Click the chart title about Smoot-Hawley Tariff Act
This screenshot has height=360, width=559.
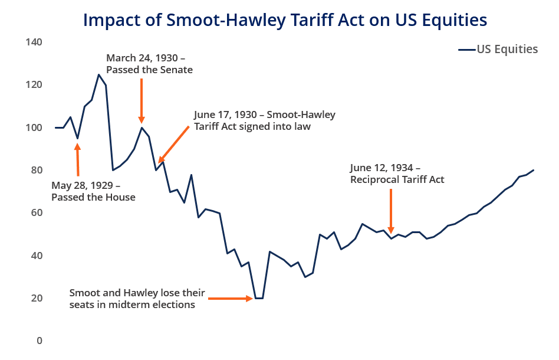pyautogui.click(x=285, y=20)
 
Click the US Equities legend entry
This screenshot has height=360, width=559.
pyautogui.click(x=498, y=49)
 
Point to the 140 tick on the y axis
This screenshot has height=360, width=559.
pyautogui.click(x=34, y=42)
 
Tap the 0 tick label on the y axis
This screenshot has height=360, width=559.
pyautogui.click(x=40, y=341)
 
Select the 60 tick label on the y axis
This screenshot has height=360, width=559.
pyautogui.click(x=37, y=212)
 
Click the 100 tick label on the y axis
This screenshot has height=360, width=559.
pyautogui.click(x=34, y=127)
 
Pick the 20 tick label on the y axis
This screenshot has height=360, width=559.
pyautogui.click(x=37, y=298)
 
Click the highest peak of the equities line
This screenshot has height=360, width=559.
pyautogui.click(x=98, y=74)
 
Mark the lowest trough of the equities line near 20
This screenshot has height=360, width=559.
pyautogui.click(x=259, y=298)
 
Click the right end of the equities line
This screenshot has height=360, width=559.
pyautogui.click(x=533, y=170)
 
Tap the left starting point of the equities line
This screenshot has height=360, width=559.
pyautogui.click(x=56, y=127)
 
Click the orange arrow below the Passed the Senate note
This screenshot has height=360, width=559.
pyautogui.click(x=142, y=101)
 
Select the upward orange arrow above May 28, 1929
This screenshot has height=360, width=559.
pyautogui.click(x=77, y=159)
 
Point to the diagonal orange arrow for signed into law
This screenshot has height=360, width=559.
pyautogui.click(x=173, y=144)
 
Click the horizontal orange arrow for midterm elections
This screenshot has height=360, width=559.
pyautogui.click(x=231, y=298)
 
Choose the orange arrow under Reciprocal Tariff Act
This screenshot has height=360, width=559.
pyautogui.click(x=391, y=211)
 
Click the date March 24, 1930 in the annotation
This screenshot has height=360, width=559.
pyautogui.click(x=142, y=58)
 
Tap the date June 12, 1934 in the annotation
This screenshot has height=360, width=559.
pyautogui.click(x=382, y=168)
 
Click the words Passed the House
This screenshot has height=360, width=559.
pyautogui.click(x=93, y=197)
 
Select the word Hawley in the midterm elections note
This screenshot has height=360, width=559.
pyautogui.click(x=141, y=293)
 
